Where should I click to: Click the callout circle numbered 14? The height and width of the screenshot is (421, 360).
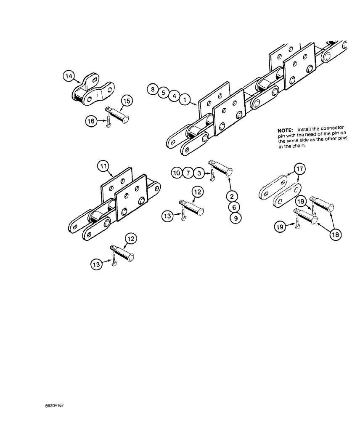point(69,76)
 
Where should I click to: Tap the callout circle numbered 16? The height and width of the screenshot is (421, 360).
point(91,121)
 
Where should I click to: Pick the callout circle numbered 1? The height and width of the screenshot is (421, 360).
point(184,100)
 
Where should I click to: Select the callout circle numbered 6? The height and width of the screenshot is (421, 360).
point(235,207)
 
